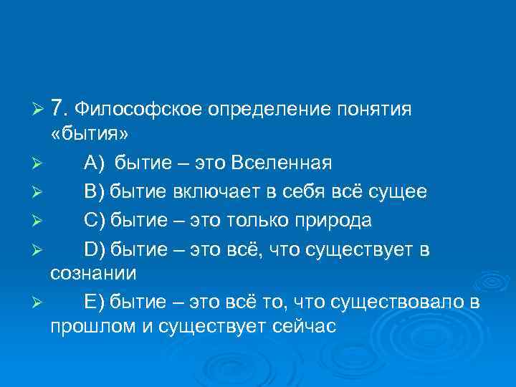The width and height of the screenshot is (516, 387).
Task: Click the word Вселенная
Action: click(282, 163)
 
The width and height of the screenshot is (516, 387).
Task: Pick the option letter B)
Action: click(94, 191)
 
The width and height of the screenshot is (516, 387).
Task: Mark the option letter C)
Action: click(95, 219)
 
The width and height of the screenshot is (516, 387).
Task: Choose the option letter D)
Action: click(95, 248)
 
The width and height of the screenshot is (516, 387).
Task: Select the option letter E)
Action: click(94, 302)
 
